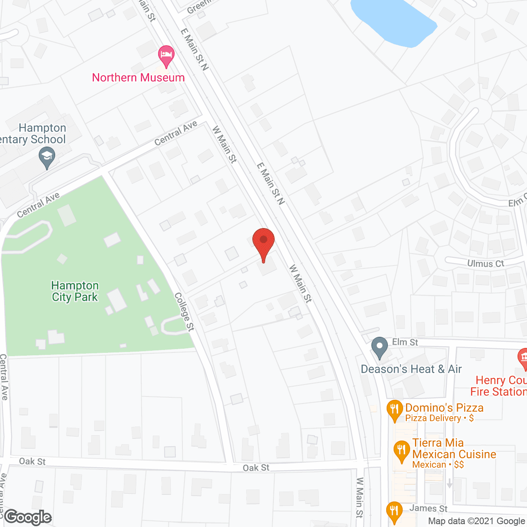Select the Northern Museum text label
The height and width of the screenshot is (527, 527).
click(x=138, y=78)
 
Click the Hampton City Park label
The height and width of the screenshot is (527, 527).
click(x=75, y=291)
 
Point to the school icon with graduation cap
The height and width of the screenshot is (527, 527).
click(x=47, y=158)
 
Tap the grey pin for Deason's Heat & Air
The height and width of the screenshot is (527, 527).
click(x=380, y=347)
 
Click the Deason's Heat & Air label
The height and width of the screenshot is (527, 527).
click(x=411, y=369)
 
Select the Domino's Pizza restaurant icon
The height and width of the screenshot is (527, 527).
click(x=394, y=410)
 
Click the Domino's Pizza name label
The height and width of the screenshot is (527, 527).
click(x=444, y=408)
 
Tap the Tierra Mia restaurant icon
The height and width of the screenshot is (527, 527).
click(x=401, y=451)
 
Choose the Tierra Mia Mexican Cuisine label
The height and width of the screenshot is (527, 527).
click(x=454, y=449)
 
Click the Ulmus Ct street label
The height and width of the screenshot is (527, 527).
click(x=485, y=263)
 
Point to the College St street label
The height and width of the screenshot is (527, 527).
click(x=184, y=312)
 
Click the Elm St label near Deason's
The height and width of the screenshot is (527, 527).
click(x=405, y=342)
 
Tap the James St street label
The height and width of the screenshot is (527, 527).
click(x=428, y=508)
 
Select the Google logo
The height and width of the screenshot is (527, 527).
click(x=28, y=517)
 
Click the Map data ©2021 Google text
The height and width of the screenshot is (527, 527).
click(x=476, y=521)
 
